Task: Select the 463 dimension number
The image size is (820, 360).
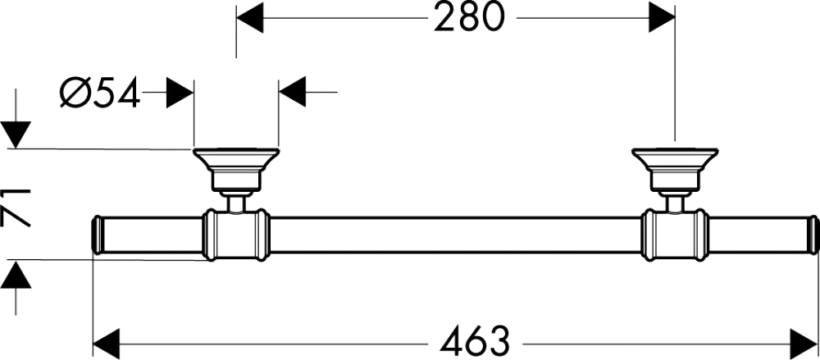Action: point(474,342)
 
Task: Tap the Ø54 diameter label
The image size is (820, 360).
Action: point(100,93)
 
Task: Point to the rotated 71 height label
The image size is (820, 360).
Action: point(17,207)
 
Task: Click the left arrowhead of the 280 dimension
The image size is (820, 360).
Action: point(249,18)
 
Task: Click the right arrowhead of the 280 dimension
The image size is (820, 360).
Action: point(662,18)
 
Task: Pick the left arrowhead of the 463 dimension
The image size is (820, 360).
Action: point(106,343)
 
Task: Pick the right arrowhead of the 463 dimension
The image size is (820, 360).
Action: point(803,343)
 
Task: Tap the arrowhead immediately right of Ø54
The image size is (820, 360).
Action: point(180,93)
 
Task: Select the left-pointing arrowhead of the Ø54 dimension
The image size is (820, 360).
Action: point(293,93)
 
